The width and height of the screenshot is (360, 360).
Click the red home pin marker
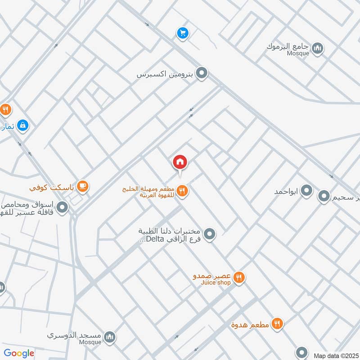click(180, 162)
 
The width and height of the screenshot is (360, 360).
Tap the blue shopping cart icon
click(182, 33)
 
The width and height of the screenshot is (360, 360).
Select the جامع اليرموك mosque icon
click(318, 47)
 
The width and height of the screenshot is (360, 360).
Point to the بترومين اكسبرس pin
click(202, 72)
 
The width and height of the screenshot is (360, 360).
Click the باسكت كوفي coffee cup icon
click(82, 185)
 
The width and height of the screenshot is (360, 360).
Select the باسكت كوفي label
click(51, 186)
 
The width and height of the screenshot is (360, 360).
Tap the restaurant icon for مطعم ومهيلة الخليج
click(182, 191)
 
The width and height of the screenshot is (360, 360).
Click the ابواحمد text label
click(287, 192)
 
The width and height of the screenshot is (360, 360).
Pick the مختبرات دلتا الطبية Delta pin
click(209, 234)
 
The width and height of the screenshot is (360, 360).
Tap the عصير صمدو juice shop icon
click(239, 278)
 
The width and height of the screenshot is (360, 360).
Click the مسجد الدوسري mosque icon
click(109, 337)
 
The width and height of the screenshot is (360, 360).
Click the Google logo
click(19, 353)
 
